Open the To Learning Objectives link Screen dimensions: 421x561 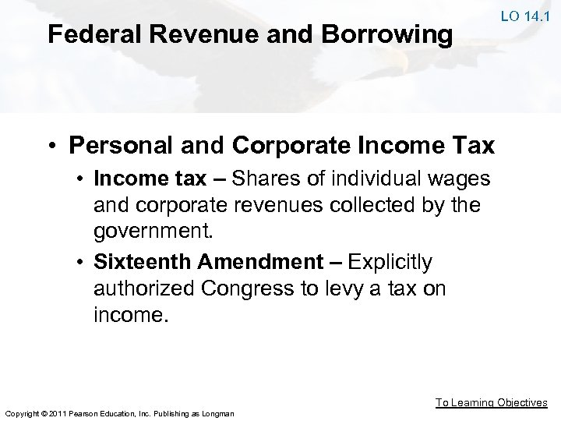491,402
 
